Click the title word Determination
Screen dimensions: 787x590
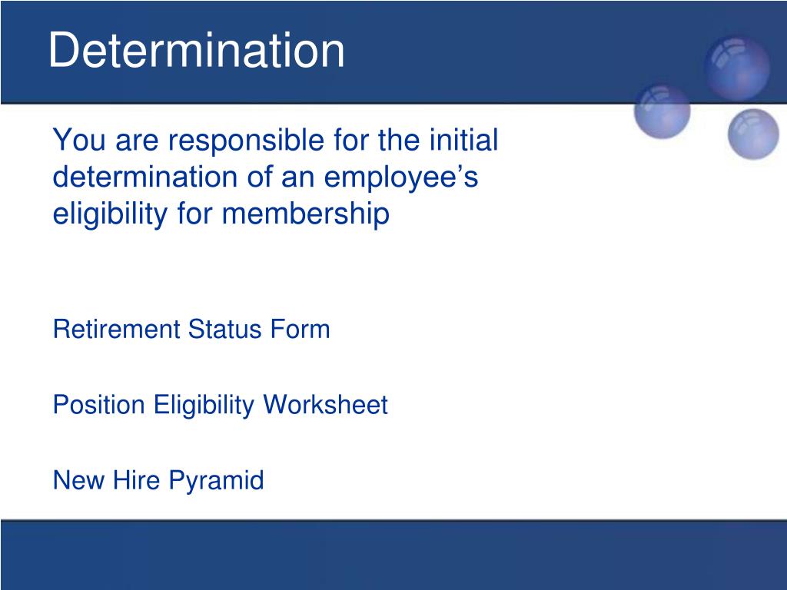click(196, 50)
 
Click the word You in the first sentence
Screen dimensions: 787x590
click(79, 140)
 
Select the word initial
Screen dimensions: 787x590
click(463, 140)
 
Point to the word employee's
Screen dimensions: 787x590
click(401, 178)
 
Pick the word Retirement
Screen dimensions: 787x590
click(117, 329)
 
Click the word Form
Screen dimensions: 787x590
click(301, 329)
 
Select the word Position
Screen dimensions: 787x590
click(99, 404)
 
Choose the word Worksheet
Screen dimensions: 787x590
click(326, 404)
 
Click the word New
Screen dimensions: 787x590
click(79, 479)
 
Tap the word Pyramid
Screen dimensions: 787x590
click(216, 481)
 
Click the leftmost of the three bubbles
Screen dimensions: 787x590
click(662, 111)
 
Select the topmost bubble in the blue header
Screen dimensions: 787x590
click(737, 68)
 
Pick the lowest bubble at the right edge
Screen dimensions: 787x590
click(753, 134)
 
